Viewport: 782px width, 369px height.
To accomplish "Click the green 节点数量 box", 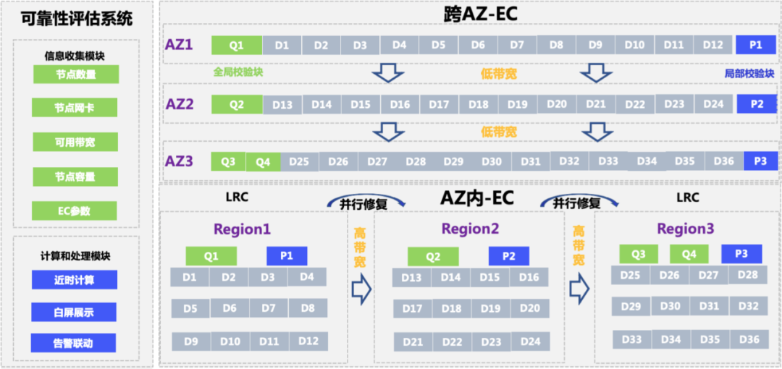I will (75, 75).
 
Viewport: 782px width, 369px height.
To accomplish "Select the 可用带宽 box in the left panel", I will (75, 143).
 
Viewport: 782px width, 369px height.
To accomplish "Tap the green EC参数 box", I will (75, 211).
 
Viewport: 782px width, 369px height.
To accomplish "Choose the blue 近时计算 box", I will (74, 280).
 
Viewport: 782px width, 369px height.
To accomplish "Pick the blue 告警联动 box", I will (74, 343).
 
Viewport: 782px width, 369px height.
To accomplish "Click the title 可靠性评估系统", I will (77, 19).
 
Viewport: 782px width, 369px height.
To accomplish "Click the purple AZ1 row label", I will (179, 45).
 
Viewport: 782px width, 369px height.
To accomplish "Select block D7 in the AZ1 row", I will (516, 45).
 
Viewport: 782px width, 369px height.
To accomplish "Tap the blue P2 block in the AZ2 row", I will (757, 104).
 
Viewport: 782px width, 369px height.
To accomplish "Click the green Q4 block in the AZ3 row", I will (263, 161).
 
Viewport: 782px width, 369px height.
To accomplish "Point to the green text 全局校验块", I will (238, 73).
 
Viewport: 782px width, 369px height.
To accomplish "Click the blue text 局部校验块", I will (749, 74).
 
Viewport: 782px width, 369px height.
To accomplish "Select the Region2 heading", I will (471, 229).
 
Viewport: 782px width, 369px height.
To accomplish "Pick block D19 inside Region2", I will (490, 309).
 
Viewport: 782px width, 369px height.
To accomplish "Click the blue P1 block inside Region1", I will (287, 256).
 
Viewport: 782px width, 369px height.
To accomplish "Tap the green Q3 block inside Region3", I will (639, 254).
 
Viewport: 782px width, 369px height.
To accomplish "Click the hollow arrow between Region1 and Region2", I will (361, 289).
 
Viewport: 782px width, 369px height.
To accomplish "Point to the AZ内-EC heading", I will (477, 198).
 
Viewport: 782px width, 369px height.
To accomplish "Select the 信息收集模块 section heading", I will (75, 55).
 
